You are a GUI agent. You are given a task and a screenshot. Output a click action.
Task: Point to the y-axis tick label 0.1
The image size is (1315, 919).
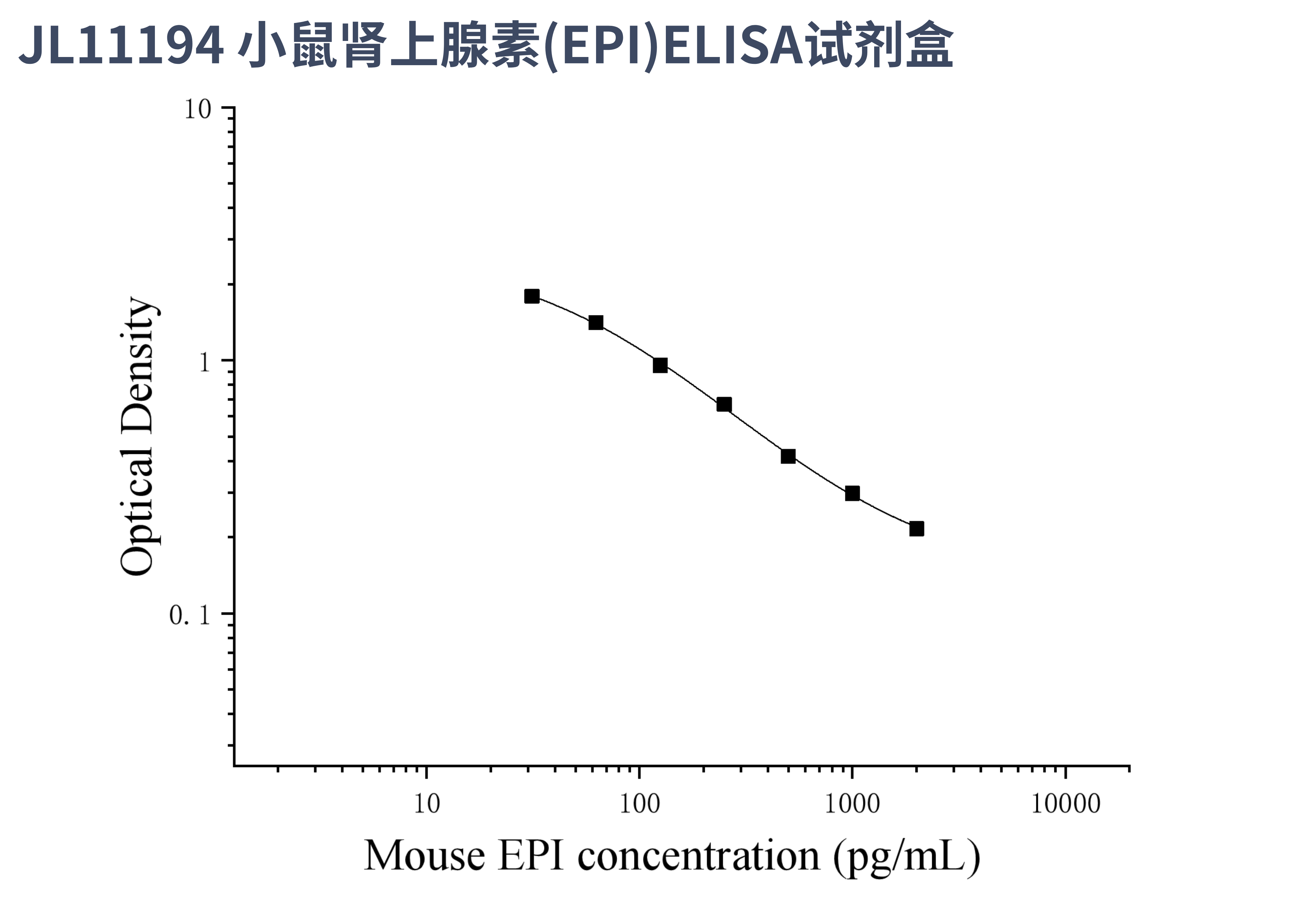pyautogui.click(x=190, y=615)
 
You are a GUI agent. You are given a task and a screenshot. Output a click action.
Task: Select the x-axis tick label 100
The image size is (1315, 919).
pyautogui.click(x=639, y=804)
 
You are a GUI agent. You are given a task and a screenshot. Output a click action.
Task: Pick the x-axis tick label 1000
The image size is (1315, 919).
pyautogui.click(x=852, y=804)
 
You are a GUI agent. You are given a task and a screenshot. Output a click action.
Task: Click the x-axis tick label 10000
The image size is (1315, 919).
pyautogui.click(x=1065, y=804)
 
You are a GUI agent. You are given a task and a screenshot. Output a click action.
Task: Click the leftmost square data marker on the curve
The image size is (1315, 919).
pyautogui.click(x=532, y=296)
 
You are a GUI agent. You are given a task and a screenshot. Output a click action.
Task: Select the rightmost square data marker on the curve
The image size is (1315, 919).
pyautogui.click(x=916, y=529)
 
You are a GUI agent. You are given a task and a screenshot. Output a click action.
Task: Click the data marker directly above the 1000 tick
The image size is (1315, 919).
pyautogui.click(x=852, y=493)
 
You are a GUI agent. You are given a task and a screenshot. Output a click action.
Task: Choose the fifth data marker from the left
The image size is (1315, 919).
pyautogui.click(x=788, y=456)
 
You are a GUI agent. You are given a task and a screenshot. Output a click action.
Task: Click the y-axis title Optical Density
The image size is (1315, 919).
pyautogui.click(x=138, y=436)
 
